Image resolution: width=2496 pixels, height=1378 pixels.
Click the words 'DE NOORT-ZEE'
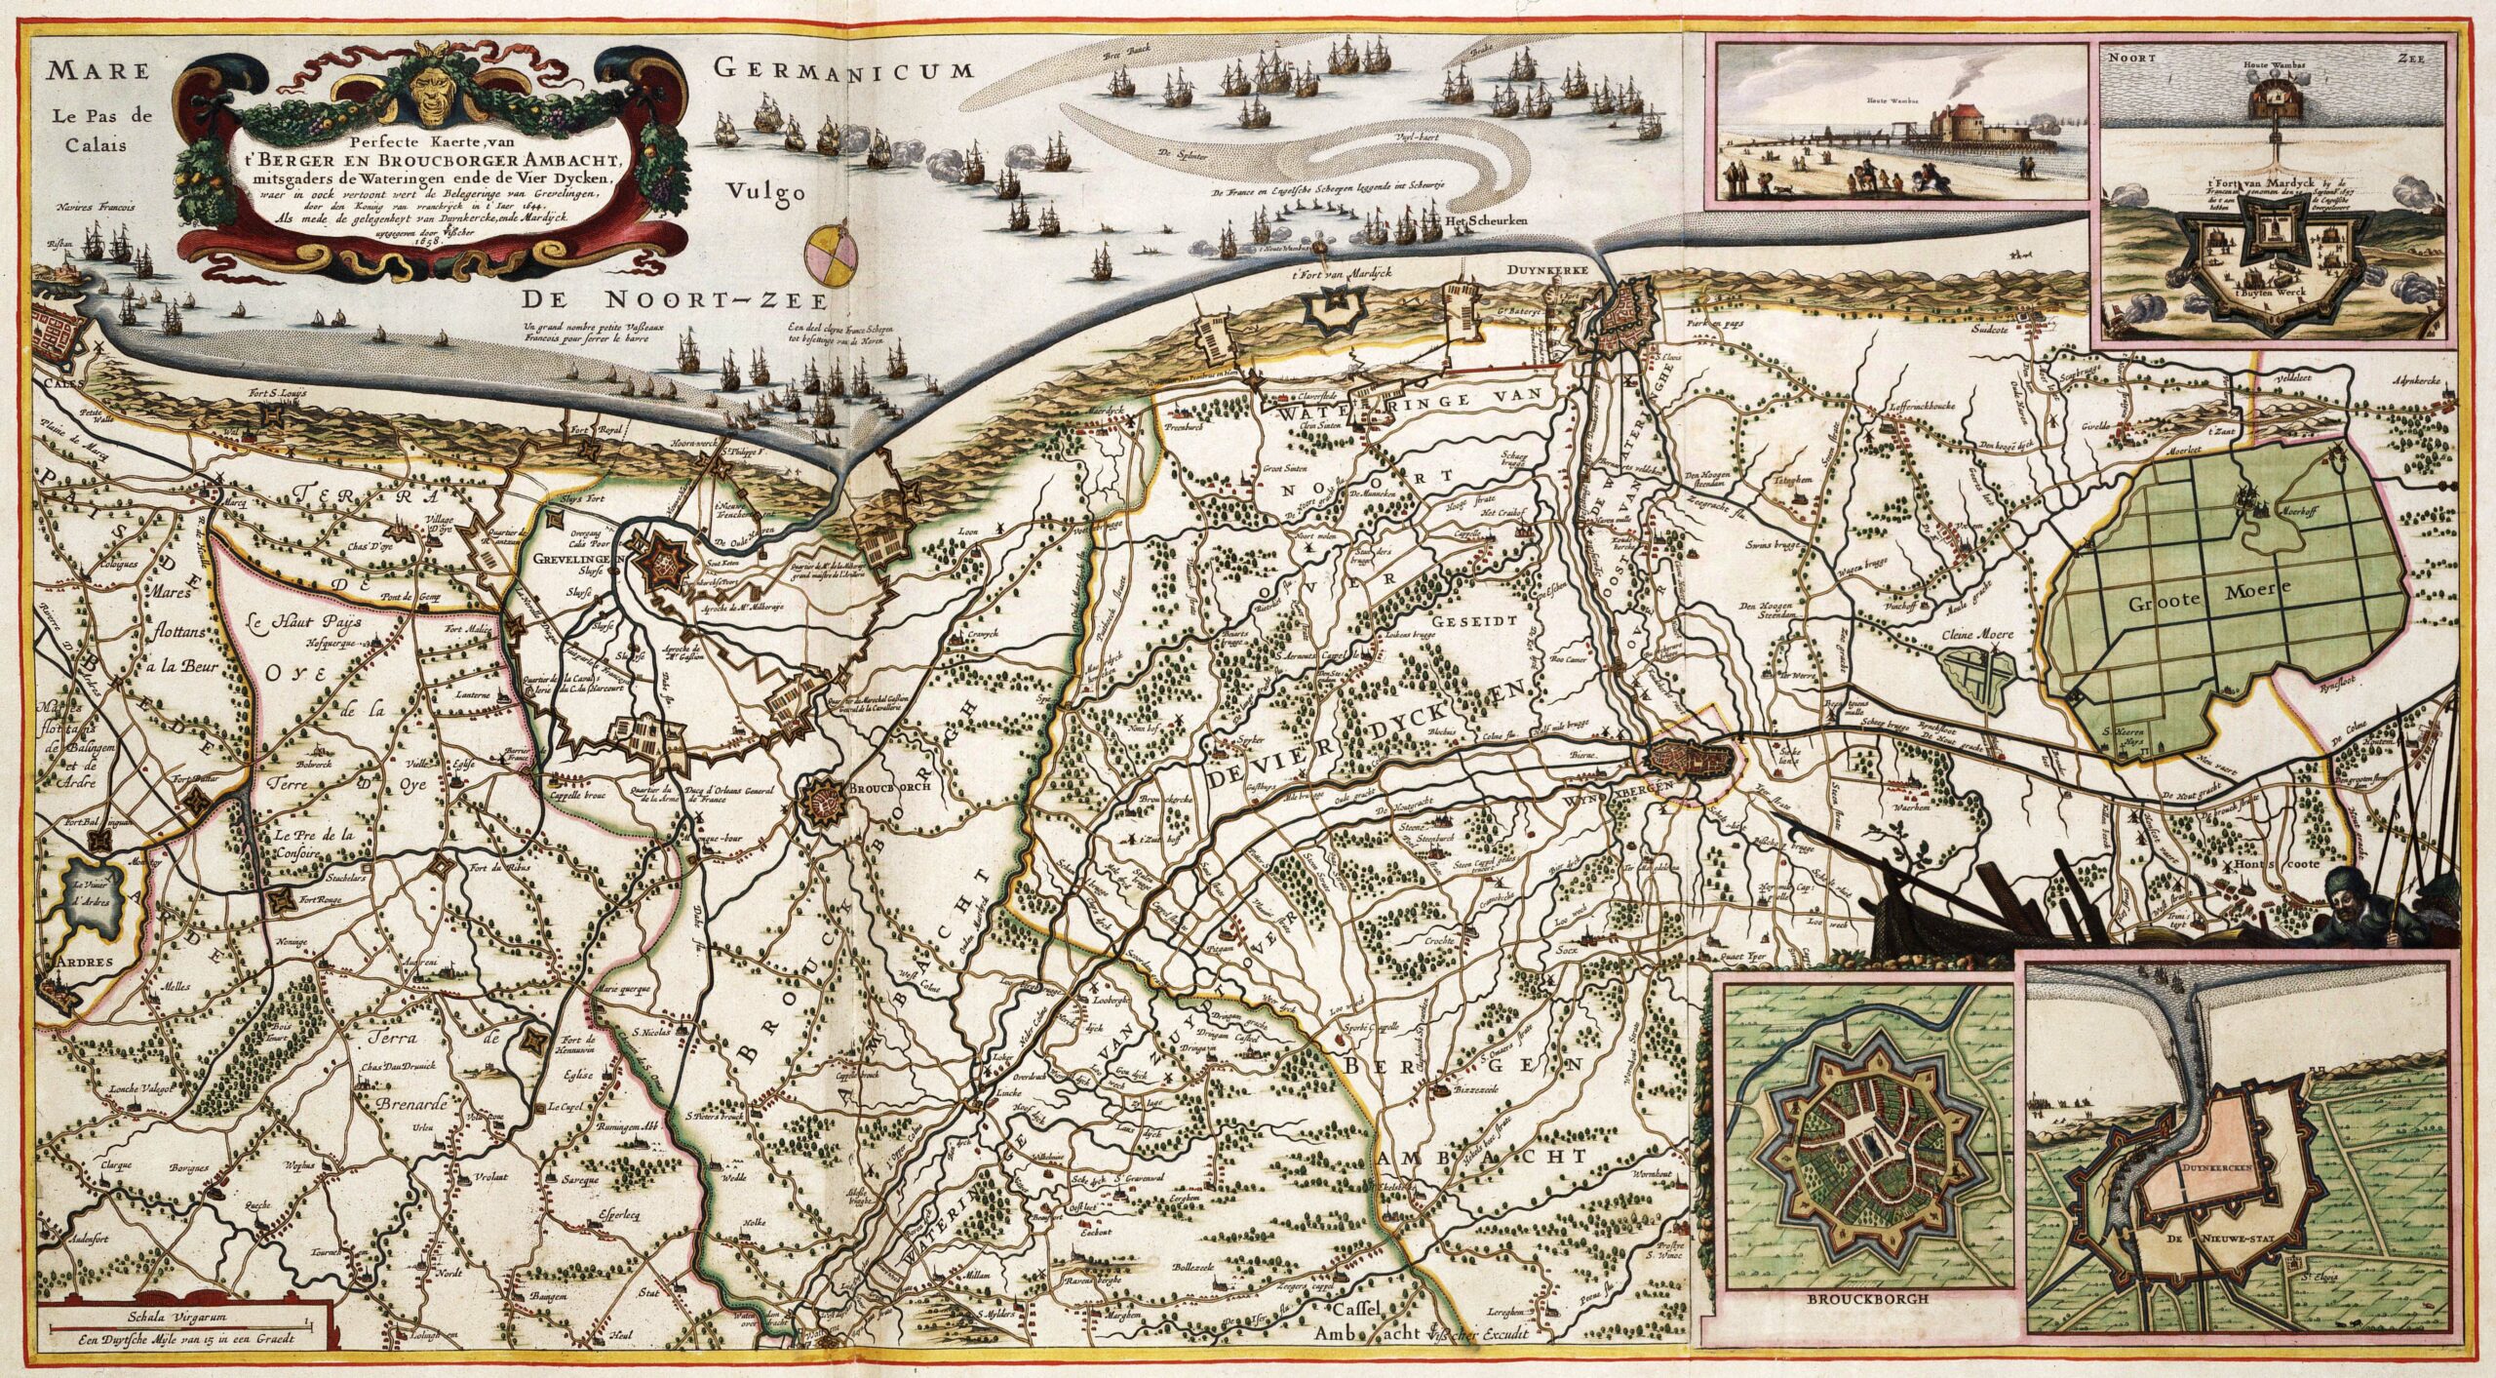click(x=673, y=299)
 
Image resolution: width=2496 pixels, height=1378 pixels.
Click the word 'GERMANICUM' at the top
click(x=843, y=68)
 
